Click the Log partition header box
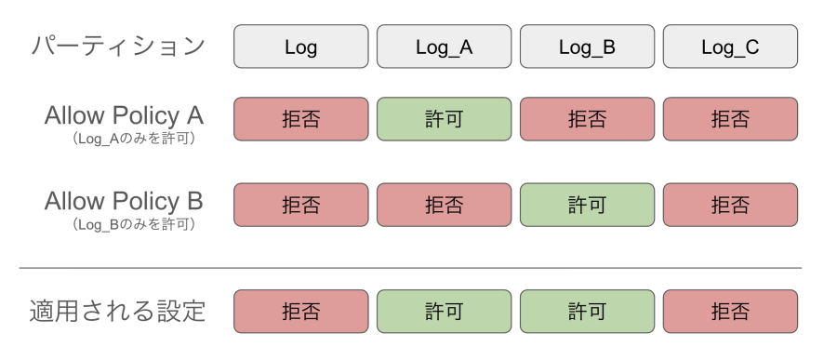pyautogui.click(x=300, y=47)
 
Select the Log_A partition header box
pyautogui.click(x=444, y=47)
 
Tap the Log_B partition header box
pyautogui.click(x=587, y=47)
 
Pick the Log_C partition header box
pyautogui.click(x=730, y=47)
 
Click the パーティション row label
pyautogui.click(x=118, y=47)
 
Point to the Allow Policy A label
pyautogui.click(x=124, y=116)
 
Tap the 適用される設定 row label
pyautogui.click(x=118, y=310)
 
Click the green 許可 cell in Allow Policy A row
pyautogui.click(x=444, y=119)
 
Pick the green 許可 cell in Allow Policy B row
pyautogui.click(x=587, y=205)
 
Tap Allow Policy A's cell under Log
pyautogui.click(x=300, y=119)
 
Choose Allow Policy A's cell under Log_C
pyautogui.click(x=730, y=119)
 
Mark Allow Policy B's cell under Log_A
pyautogui.click(x=444, y=205)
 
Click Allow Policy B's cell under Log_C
pyautogui.click(x=730, y=205)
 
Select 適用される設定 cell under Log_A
pyautogui.click(x=444, y=312)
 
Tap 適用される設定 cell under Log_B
pyautogui.click(x=587, y=312)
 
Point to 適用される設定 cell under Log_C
pyautogui.click(x=730, y=312)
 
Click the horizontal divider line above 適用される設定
pyautogui.click(x=410, y=268)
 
